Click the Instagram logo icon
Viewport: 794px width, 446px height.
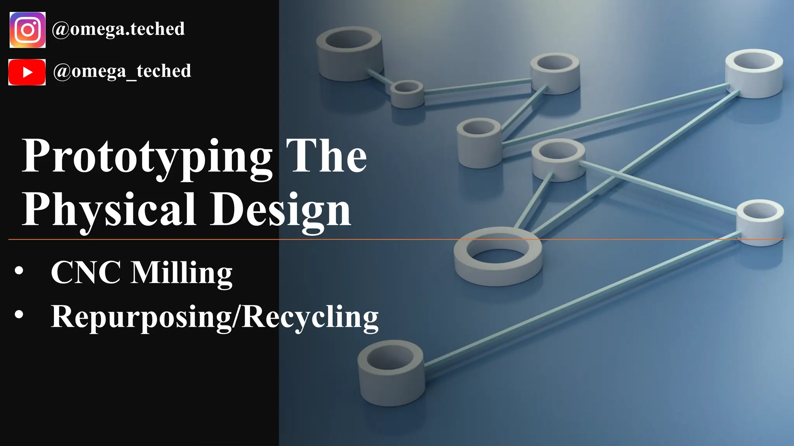point(28,30)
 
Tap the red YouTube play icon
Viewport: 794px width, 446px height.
point(27,72)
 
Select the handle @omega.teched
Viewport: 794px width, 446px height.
point(118,29)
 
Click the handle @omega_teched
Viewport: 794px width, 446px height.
point(122,71)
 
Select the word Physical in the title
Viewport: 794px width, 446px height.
point(109,210)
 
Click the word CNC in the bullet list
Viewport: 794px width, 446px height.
point(86,273)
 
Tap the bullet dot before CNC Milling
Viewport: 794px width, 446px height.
point(19,271)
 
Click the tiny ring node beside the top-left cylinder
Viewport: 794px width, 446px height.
point(407,93)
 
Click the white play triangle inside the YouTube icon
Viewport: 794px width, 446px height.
point(28,72)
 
